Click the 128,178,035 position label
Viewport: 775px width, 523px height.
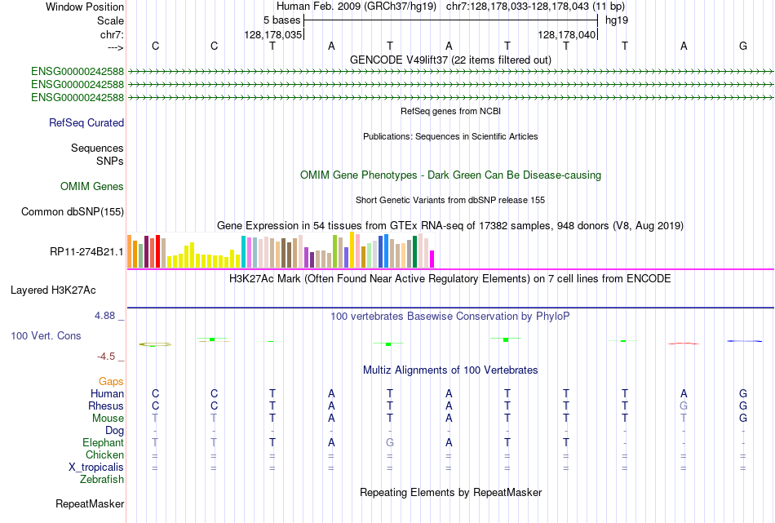click(273, 35)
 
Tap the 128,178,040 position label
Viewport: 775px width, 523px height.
click(566, 35)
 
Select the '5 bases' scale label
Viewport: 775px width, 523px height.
click(281, 20)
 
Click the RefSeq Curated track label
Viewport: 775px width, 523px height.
click(86, 123)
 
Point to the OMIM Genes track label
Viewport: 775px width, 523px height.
click(92, 187)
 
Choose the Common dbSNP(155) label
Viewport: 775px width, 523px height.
click(73, 212)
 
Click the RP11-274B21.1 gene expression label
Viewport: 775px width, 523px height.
click(86, 251)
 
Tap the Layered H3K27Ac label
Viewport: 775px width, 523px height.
click(53, 290)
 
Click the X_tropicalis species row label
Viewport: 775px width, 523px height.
click(96, 468)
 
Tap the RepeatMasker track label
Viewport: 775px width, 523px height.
click(90, 504)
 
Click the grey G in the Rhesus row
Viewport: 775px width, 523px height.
click(684, 406)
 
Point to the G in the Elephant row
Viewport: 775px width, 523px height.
click(390, 442)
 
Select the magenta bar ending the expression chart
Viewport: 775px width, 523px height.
click(432, 259)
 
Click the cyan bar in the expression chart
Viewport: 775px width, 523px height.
click(244, 251)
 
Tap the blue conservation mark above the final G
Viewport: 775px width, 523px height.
click(743, 341)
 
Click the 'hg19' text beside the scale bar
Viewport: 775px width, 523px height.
click(616, 20)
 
